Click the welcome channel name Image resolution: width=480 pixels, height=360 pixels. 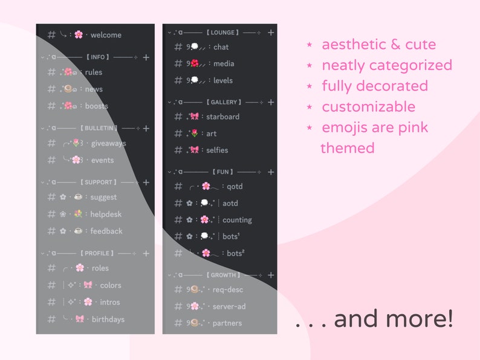coord(106,35)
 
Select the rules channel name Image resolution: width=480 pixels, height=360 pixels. coord(94,72)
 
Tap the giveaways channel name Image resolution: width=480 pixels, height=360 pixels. coord(108,144)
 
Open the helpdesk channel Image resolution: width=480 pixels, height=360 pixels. coord(106,214)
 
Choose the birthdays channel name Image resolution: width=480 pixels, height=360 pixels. coord(108,320)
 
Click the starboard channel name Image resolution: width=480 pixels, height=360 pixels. coord(222,117)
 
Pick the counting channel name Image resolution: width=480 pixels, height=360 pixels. coord(237,220)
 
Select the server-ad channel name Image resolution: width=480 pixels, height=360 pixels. coord(229,306)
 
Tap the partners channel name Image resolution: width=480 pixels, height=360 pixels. coord(227,323)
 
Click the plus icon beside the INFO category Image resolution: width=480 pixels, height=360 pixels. coord(146,57)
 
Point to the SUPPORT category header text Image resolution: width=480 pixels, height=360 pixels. coord(99,182)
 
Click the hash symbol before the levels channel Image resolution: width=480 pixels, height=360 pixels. coord(178,80)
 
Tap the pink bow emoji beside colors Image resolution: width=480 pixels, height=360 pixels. coord(88,285)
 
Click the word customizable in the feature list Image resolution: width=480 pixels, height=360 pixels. coord(368,108)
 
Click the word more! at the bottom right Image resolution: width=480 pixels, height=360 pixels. coord(423,319)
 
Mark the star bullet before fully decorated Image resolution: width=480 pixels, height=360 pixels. coord(310,86)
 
